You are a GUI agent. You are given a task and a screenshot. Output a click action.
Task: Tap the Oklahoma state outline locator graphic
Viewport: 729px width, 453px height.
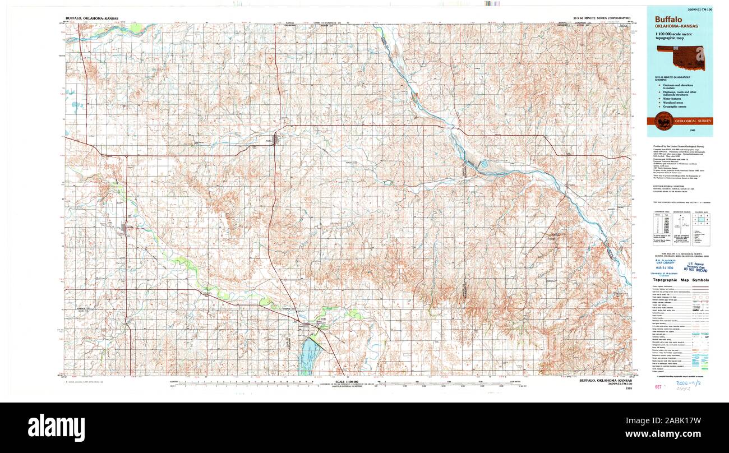pos(680,57)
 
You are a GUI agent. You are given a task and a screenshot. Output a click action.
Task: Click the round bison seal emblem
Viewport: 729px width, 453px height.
pos(666,119)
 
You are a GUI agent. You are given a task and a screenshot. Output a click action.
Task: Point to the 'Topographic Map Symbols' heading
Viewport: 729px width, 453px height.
pos(680,280)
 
